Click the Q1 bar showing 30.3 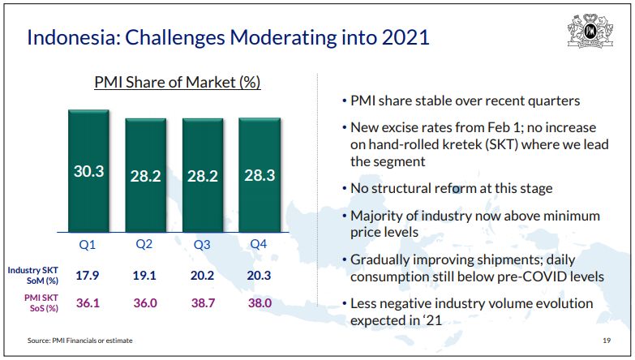pos(88,171)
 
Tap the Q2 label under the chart pos(145,243)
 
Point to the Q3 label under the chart pos(203,243)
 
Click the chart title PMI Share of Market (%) pos(177,83)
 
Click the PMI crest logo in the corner pos(590,32)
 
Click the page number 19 pos(607,340)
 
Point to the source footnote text pos(79,340)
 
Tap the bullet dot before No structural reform pos(344,189)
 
